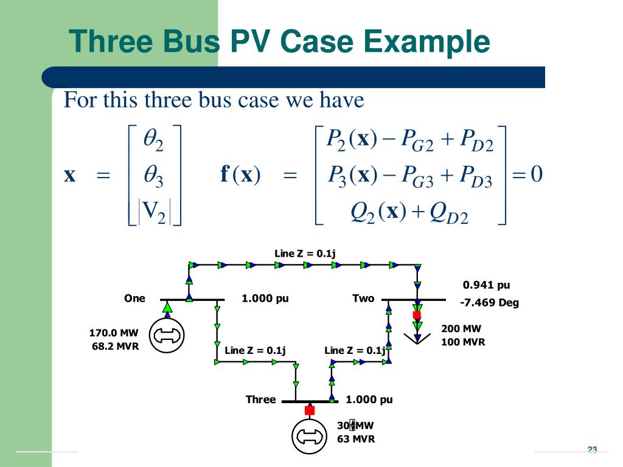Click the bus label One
[134, 299]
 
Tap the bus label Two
[363, 299]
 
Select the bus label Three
[260, 400]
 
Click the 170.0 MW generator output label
[114, 333]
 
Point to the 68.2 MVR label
[115, 347]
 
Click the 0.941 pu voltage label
[486, 285]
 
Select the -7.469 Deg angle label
[489, 303]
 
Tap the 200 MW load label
[461, 329]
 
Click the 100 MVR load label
[463, 342]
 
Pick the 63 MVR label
[356, 439]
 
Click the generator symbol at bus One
[167, 334]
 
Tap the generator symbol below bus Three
[310, 436]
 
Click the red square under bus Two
[417, 314]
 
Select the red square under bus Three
[310, 410]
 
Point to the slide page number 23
[592, 450]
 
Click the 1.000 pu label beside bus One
[265, 299]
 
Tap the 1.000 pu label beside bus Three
[369, 400]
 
